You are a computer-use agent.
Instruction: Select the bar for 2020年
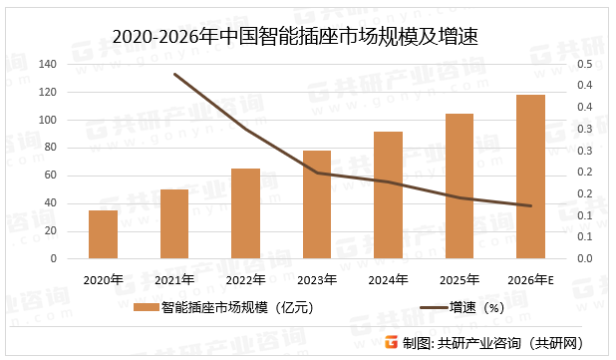tap(103, 234)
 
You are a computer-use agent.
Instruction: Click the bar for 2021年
tap(174, 223)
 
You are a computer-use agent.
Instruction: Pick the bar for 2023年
tap(317, 204)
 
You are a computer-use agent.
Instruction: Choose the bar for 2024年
tap(388, 194)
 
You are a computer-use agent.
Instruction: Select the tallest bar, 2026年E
tap(530, 177)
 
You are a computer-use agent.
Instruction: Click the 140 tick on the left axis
tap(47, 65)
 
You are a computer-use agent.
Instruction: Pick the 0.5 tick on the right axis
tap(585, 65)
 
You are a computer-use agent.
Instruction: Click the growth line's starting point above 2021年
tap(174, 74)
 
